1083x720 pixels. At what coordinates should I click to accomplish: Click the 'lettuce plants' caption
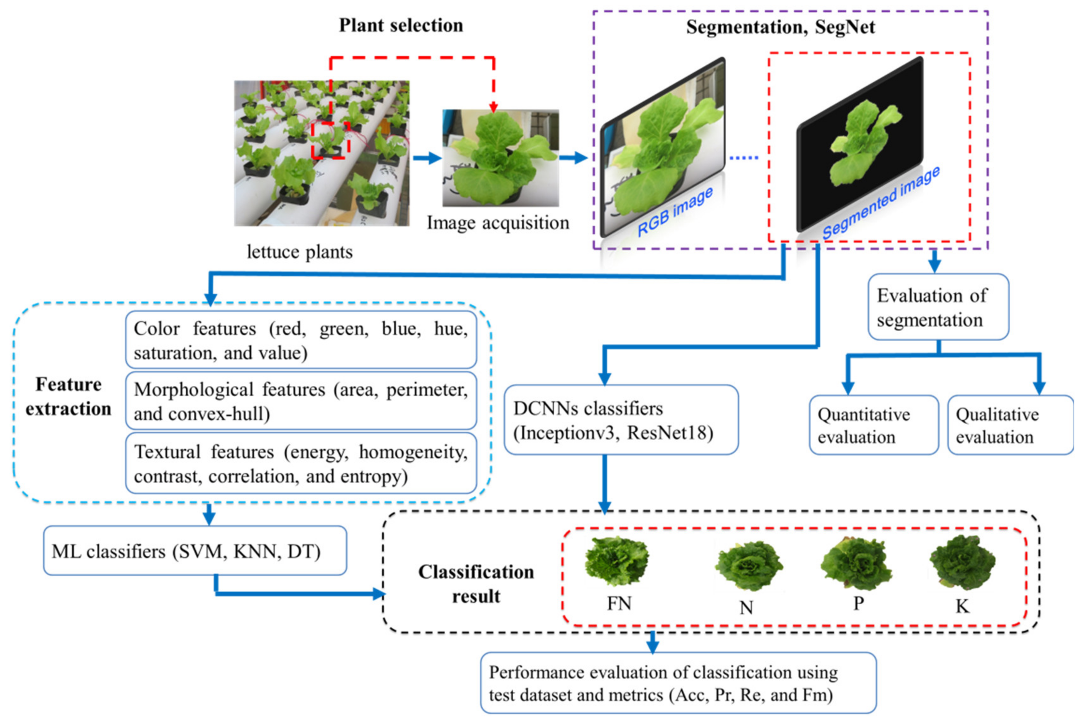pos(300,252)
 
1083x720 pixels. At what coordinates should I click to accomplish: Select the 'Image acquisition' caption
pos(498,223)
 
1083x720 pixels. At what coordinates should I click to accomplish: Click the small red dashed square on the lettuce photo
pos(330,140)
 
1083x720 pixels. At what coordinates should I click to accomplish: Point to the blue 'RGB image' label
pos(675,212)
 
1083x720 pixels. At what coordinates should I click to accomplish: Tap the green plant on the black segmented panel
pos(864,142)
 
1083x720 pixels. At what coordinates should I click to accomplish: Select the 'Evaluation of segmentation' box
pos(938,307)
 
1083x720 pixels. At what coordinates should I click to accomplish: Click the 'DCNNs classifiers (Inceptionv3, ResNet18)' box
pos(621,420)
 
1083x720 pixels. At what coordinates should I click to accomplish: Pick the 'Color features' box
pos(301,340)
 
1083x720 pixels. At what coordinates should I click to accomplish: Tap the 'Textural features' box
pos(301,463)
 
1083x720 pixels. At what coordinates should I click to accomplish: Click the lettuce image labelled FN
pos(617,561)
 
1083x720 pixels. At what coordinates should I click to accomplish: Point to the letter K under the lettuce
pos(962,606)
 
